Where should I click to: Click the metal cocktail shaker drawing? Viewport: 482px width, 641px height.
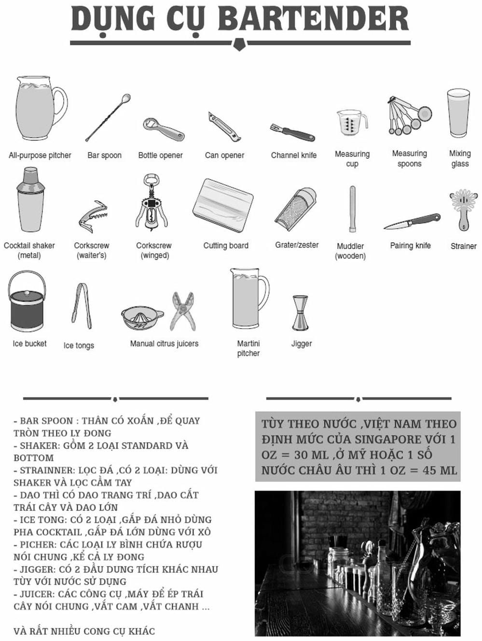point(30,200)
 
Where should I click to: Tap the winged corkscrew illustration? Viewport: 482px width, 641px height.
point(151,203)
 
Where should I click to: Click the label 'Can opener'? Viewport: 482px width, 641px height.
point(224,155)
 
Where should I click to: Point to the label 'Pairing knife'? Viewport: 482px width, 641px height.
point(410,246)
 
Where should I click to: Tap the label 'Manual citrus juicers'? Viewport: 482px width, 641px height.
point(164,344)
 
